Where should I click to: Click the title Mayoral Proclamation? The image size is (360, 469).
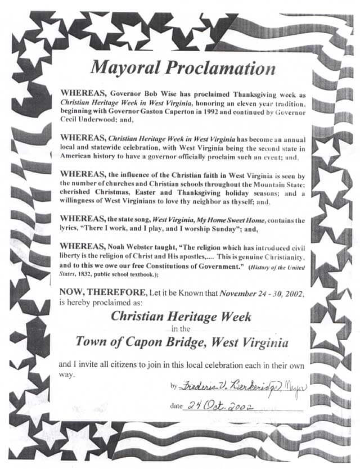(x=183, y=68)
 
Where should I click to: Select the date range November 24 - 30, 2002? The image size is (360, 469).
(x=259, y=292)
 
